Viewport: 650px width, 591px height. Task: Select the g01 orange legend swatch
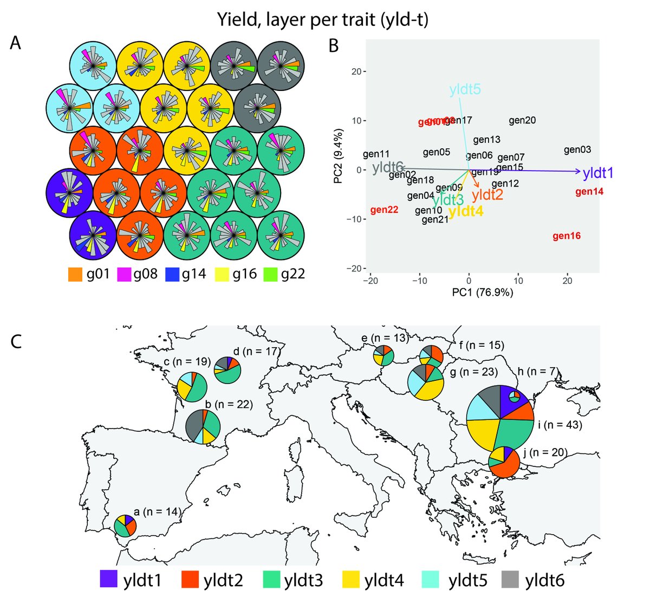tap(75, 274)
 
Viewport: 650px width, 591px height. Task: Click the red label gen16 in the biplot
tap(567, 236)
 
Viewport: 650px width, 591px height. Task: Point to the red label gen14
tap(589, 192)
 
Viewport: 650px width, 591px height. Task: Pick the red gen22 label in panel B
tap(385, 210)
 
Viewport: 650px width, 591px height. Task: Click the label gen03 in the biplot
tap(577, 150)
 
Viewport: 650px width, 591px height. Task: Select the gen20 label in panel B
tap(522, 120)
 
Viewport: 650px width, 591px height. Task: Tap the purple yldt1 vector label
tap(598, 173)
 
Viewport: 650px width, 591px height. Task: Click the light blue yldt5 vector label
tap(465, 89)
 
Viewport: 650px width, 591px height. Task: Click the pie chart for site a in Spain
tap(125, 525)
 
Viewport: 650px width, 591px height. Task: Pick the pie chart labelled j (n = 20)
tap(504, 462)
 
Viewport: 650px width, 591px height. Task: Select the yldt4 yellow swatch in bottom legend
tap(352, 579)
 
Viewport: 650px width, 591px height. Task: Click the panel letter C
tap(17, 342)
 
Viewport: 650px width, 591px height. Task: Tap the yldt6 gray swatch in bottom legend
tap(511, 579)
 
